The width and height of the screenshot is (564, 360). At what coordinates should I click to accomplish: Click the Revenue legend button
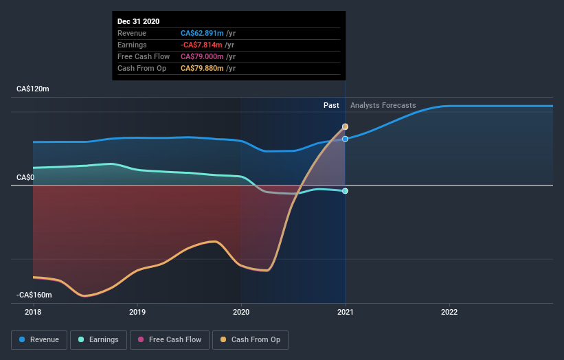(40, 339)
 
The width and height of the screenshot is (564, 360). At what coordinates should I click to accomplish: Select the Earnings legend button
(99, 339)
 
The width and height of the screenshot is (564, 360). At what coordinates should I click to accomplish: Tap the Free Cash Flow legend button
(170, 339)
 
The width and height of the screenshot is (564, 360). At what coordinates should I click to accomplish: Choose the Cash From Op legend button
(251, 339)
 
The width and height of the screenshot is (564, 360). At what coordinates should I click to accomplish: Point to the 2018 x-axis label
(33, 311)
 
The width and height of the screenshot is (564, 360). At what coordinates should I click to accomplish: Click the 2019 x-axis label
(137, 311)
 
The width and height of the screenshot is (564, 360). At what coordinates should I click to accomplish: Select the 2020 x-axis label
(241, 311)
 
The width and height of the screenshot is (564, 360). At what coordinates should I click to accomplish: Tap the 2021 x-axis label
(345, 311)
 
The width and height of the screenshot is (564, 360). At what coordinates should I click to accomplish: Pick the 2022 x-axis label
(449, 311)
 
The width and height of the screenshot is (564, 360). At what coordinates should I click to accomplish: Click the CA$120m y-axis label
(33, 89)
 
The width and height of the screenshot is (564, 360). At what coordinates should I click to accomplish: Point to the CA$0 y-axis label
(25, 177)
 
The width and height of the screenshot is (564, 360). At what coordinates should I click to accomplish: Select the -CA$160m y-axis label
(34, 295)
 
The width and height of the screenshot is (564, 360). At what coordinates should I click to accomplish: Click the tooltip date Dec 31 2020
(138, 21)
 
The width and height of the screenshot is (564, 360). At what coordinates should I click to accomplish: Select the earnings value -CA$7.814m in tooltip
(202, 45)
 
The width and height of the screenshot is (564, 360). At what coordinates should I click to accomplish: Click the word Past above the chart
(331, 105)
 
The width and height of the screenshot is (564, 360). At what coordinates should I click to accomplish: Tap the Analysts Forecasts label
(383, 105)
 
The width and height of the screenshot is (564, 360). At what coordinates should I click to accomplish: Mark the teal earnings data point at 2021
(345, 191)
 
